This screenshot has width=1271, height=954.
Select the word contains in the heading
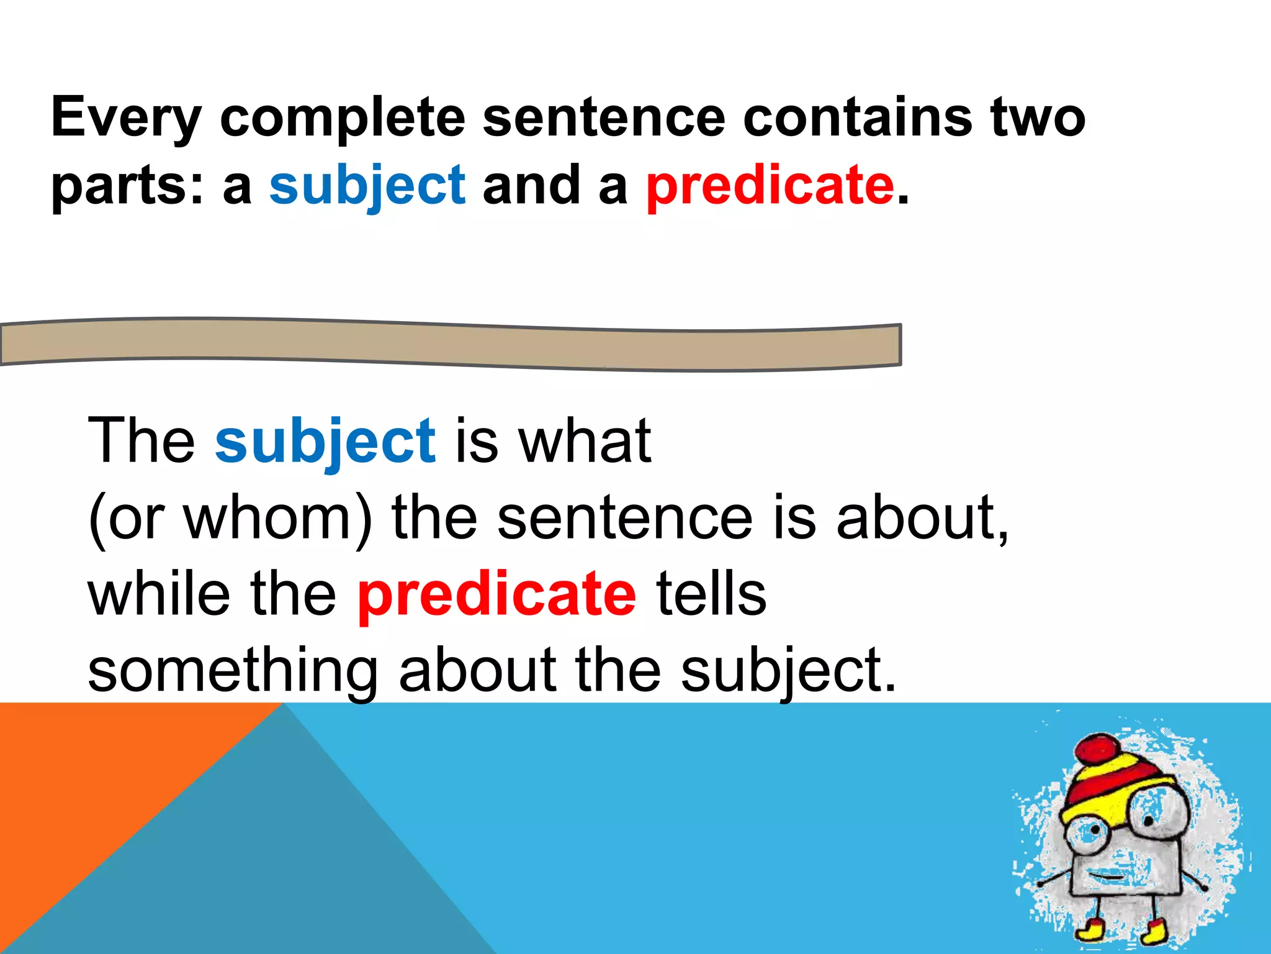tap(857, 117)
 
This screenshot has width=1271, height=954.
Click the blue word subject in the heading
tap(367, 185)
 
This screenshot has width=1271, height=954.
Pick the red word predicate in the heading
tap(770, 185)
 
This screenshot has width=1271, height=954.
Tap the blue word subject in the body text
tap(325, 441)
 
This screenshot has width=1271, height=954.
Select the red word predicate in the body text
tap(497, 594)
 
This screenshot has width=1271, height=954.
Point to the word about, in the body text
tap(922, 518)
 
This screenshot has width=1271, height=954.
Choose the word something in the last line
tap(233, 671)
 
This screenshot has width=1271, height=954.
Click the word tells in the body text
tap(711, 594)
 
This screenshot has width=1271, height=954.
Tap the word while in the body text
tap(159, 594)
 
